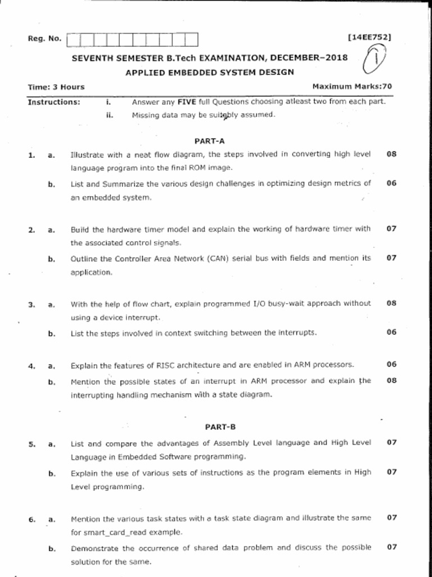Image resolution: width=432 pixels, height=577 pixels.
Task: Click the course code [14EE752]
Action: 370,37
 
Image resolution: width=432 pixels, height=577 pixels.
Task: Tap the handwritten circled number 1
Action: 376,60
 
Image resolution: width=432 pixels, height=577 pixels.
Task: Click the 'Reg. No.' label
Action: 44,39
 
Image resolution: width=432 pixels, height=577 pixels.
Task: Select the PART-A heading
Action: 209,141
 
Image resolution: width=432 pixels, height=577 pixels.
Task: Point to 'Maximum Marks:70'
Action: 352,86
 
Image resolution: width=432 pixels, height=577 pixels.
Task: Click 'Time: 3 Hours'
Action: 56,87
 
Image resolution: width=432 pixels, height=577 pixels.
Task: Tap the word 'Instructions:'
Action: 54,102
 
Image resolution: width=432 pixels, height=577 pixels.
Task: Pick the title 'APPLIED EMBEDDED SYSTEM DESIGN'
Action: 209,72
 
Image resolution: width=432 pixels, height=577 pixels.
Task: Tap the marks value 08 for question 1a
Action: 391,153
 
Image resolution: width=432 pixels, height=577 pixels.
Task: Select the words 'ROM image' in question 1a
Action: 211,168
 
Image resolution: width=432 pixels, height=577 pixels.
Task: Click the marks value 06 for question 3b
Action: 391,332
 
